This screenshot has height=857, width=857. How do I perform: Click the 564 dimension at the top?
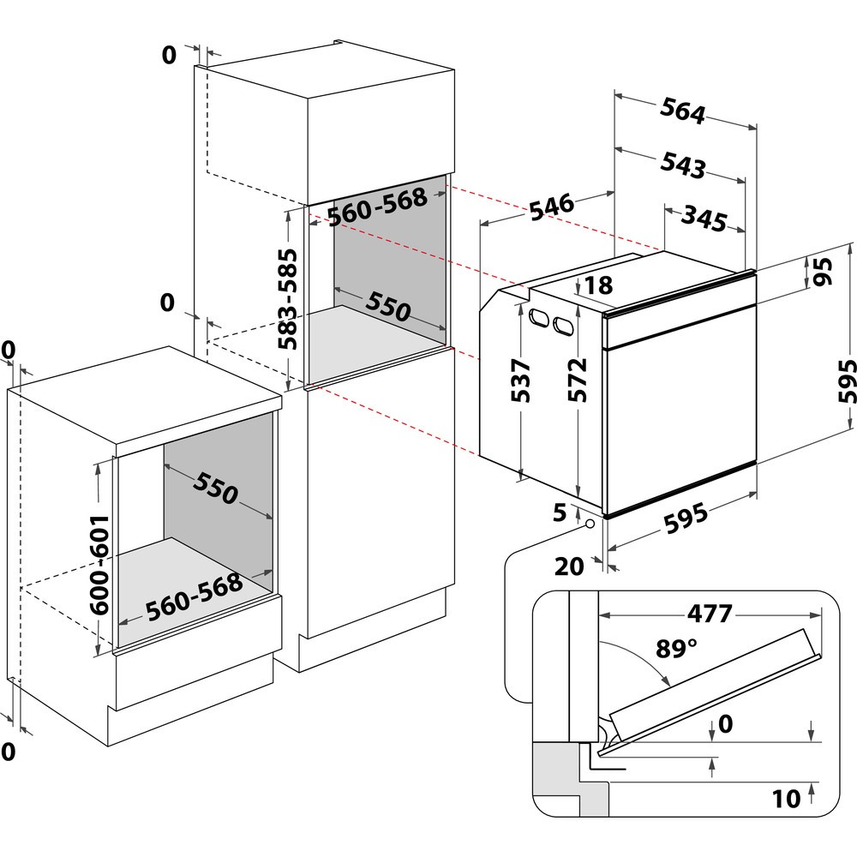pos(682,112)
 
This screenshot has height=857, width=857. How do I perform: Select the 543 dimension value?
pos(682,165)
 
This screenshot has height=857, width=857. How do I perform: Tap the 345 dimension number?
pos(704,219)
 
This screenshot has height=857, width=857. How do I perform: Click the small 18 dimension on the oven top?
pos(601,286)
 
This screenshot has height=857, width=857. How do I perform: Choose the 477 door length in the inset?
pos(708,614)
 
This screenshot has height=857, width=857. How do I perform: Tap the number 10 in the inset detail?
pos(786,799)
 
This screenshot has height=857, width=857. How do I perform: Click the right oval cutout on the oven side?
pos(563,326)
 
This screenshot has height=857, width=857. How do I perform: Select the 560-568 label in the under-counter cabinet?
pos(194,596)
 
